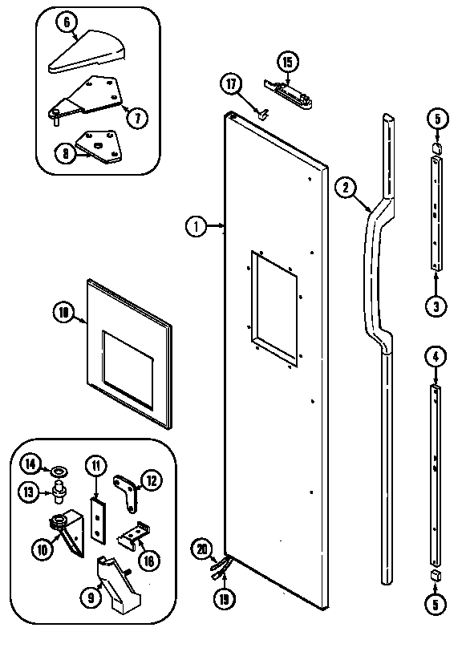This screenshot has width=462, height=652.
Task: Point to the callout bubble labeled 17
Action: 232,83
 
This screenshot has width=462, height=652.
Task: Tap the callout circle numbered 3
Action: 436,306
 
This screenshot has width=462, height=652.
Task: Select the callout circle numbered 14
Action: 30,463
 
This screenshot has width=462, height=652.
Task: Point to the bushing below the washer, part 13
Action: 59,490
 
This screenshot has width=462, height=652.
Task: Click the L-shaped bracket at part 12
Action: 127,488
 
